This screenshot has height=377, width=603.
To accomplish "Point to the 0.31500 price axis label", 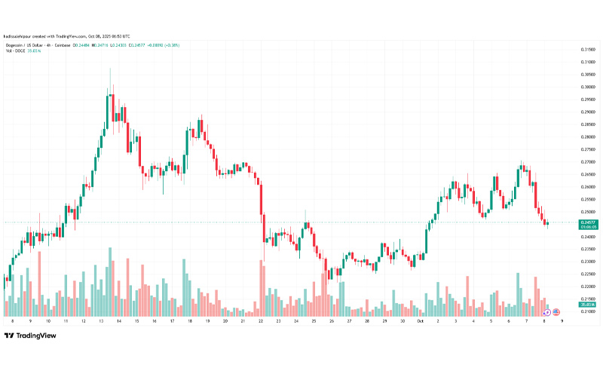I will click(x=589, y=50).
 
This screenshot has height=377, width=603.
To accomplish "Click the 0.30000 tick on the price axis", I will click(x=589, y=87).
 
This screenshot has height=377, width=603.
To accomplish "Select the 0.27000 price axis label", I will click(x=589, y=161).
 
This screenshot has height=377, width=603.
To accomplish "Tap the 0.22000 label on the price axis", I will click(x=589, y=287).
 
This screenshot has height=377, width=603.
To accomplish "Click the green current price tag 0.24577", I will click(x=589, y=223).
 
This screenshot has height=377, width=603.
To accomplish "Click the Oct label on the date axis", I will click(x=420, y=320).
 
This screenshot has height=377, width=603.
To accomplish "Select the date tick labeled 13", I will click(x=101, y=320).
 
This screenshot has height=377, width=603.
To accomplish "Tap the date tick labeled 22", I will click(x=261, y=320).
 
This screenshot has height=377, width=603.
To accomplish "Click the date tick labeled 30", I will click(x=403, y=320).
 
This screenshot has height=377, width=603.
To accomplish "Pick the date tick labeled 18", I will click(x=190, y=320).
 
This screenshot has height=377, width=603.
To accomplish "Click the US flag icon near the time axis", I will click(x=556, y=311).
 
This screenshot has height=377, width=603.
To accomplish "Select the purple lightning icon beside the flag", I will click(x=547, y=311).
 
